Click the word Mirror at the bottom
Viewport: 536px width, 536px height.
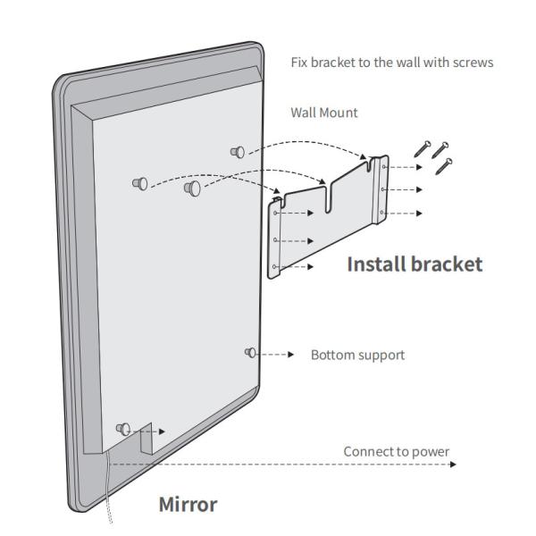point(188,504)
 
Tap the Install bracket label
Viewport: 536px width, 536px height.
point(414,264)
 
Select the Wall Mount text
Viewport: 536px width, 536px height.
point(323,113)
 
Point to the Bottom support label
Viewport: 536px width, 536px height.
point(356,356)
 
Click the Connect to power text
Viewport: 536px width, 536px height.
point(397,451)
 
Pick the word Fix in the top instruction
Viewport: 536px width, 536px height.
point(300,63)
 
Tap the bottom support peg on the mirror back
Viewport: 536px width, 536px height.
point(251,353)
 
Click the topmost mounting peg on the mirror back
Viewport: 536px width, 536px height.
point(237,152)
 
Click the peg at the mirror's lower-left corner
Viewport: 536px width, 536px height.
point(123,429)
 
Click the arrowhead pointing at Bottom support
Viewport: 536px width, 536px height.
point(290,355)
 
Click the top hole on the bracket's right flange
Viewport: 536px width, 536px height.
point(384,166)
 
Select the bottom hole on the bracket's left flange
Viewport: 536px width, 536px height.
point(274,266)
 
